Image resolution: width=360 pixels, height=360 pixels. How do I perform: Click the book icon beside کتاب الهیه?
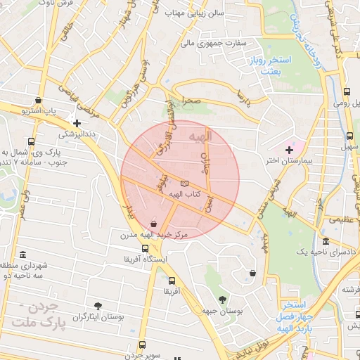185,183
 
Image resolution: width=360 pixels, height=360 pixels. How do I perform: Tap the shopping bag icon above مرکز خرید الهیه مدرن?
154,224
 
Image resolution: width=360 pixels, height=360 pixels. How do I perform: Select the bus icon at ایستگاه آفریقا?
145,248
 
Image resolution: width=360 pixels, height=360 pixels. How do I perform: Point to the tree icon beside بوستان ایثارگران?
97,305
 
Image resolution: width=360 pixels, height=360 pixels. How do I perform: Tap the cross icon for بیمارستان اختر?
289,150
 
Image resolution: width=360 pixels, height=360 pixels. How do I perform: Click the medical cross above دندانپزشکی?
86,123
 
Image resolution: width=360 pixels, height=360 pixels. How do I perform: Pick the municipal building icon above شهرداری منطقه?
24,254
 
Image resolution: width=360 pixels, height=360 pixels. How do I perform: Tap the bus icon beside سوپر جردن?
143,345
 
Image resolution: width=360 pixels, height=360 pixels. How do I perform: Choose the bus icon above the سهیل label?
349,135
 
